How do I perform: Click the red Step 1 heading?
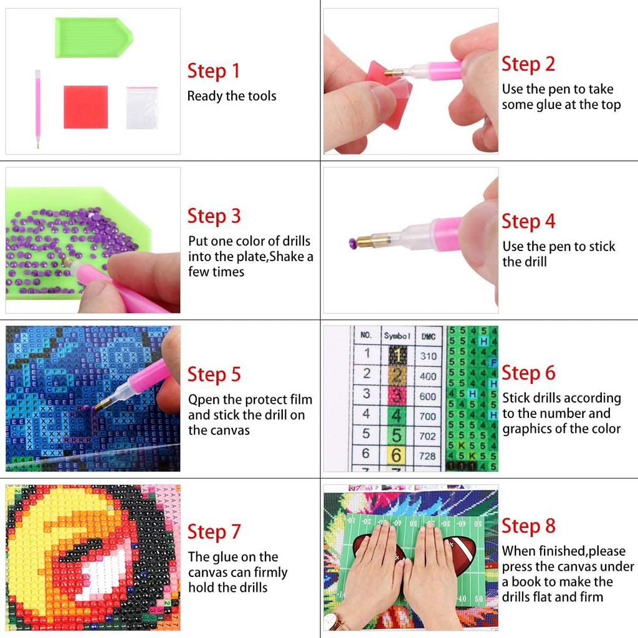click(214, 71)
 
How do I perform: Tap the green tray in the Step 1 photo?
click(93, 37)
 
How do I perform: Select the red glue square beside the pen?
click(85, 107)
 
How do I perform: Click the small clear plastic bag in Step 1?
click(142, 108)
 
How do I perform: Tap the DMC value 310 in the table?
click(428, 356)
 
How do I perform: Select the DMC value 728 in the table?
click(428, 456)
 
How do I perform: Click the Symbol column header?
click(396, 335)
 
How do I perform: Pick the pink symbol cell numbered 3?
click(396, 396)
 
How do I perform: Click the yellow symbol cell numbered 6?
click(396, 455)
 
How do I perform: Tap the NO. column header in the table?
click(366, 335)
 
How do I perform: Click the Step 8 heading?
click(528, 526)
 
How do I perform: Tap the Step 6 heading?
click(528, 373)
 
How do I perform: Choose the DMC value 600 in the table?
click(428, 396)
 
